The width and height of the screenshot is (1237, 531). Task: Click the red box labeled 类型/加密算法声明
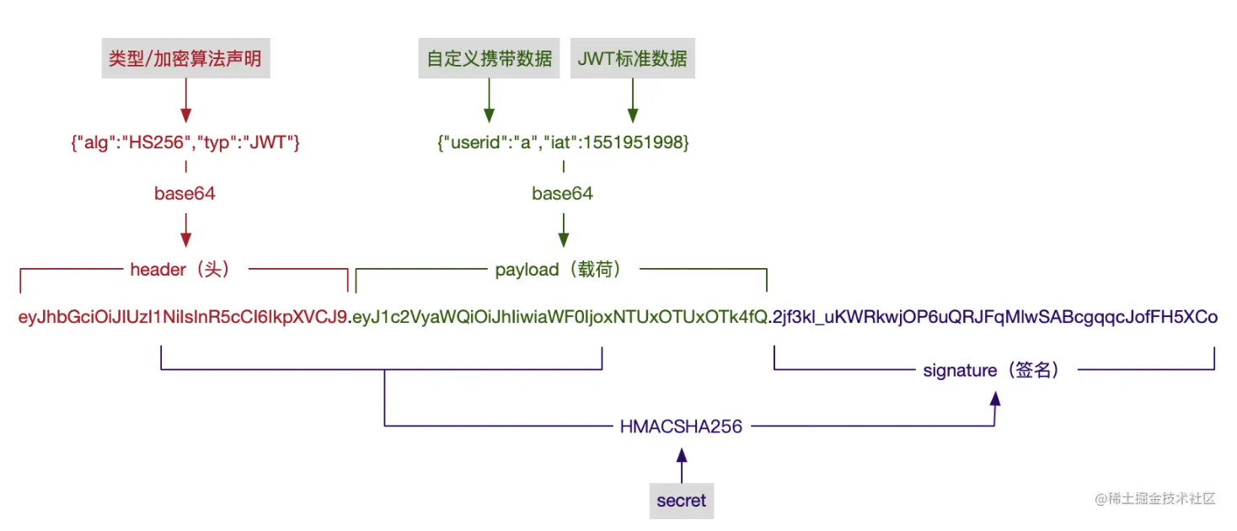(185, 58)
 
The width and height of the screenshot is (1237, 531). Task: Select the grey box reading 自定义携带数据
(489, 58)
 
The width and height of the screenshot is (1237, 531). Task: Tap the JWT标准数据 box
(632, 58)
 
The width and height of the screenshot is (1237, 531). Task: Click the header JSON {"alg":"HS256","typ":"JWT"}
(185, 143)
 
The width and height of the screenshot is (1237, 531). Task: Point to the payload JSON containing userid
(563, 143)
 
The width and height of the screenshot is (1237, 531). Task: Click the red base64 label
(185, 194)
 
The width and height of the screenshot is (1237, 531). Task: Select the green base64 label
(562, 194)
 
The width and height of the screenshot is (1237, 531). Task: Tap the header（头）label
(180, 270)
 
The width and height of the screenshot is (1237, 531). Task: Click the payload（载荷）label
(559, 270)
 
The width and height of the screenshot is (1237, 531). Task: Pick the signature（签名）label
(991, 370)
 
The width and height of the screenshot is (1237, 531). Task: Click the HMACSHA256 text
(681, 426)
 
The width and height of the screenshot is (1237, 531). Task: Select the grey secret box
(681, 501)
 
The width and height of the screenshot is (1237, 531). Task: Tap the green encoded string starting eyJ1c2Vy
(560, 318)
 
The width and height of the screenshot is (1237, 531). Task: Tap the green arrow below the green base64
(563, 229)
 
